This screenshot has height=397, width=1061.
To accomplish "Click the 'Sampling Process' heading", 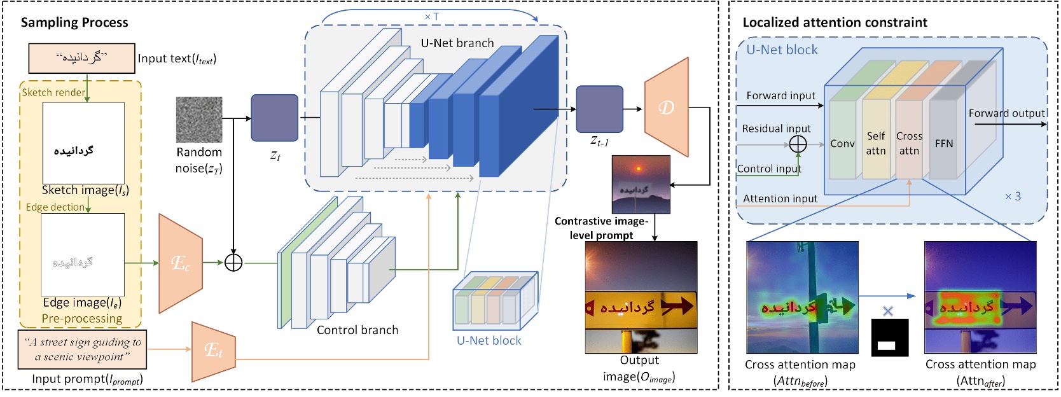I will [74, 22].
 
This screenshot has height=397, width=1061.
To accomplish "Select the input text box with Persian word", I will [81, 58].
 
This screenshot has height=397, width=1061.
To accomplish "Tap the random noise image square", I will [199, 120].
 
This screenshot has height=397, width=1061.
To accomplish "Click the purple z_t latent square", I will [274, 118].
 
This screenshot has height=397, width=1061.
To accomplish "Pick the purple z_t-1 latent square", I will [599, 109].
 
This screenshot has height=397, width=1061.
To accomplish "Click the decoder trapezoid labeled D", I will [667, 108].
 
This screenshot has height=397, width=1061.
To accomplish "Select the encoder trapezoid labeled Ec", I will [181, 263].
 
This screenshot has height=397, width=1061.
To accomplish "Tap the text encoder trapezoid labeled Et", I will [214, 351].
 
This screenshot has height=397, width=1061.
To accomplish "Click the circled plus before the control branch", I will [233, 262].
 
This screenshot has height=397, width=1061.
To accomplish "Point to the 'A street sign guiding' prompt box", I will [82, 349].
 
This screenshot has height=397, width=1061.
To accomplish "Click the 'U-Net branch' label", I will [457, 43].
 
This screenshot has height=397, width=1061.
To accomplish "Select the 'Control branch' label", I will [357, 330].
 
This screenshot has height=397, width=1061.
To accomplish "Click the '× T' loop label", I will [431, 17].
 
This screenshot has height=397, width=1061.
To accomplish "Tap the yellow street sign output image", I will [641, 297].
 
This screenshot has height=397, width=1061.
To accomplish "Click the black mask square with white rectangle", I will [889, 337].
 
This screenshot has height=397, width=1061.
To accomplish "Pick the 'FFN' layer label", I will [944, 144].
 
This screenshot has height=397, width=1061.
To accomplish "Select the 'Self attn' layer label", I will [876, 144].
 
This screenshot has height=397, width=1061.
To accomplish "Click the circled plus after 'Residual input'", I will [798, 145].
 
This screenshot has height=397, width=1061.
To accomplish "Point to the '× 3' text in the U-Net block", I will [1013, 197].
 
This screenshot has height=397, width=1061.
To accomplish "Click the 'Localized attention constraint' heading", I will [835, 22].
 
